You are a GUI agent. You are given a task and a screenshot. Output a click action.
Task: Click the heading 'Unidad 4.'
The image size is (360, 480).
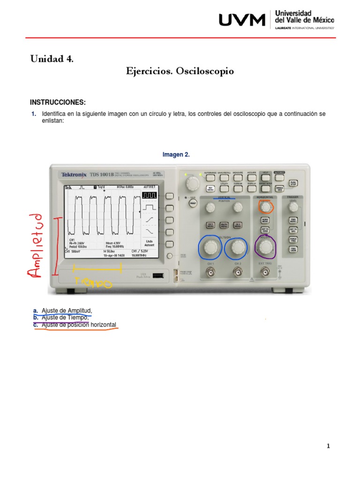coord(52,59)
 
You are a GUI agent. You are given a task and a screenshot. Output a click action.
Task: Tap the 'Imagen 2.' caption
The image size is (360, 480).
coord(176,155)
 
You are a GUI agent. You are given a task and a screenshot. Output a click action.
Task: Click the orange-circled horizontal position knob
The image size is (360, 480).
coord(266,207)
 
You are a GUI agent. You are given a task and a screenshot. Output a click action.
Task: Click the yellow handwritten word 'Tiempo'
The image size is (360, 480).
coord(93,282)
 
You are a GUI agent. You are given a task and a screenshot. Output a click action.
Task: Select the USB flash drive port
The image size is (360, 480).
coord(158,276)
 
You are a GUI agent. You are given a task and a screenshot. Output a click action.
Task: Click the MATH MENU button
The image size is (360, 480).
coord(224,225)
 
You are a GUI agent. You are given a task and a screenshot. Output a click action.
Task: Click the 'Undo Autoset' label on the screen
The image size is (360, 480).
coord(150,242)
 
